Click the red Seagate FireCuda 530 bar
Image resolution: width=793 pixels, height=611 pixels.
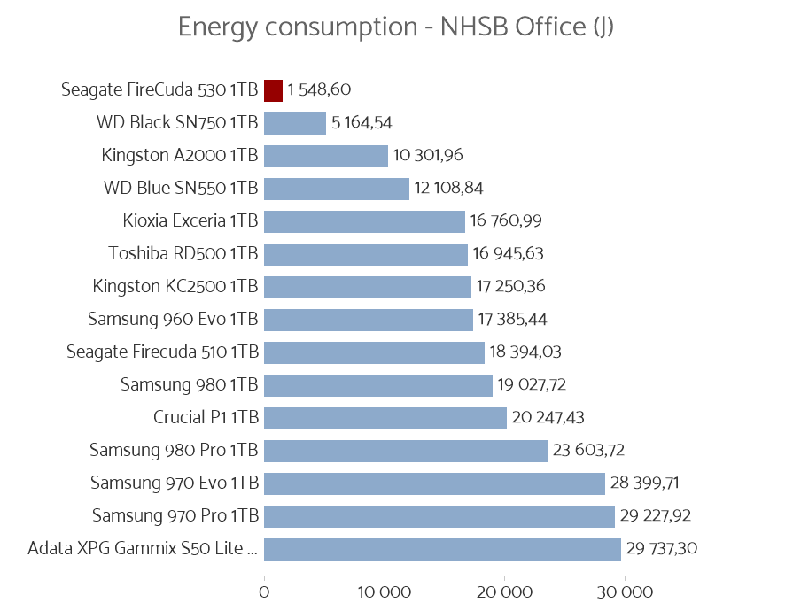coord(273,90)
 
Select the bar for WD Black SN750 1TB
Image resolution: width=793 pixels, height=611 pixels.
coord(295,123)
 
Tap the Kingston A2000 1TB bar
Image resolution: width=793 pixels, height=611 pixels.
coord(325,156)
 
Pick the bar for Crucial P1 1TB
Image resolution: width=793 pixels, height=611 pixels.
coord(385,418)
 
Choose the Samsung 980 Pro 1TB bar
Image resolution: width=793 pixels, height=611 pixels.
coord(405,451)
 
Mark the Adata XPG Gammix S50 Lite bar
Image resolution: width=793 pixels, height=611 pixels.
coord(442,549)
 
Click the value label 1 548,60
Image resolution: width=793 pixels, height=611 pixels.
coord(325,90)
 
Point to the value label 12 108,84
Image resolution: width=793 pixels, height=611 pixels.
coord(448,189)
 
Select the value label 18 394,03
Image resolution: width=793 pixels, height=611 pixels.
coord(525,352)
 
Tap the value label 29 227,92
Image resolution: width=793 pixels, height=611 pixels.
coord(656,516)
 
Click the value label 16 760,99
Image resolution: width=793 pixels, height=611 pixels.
coord(505,221)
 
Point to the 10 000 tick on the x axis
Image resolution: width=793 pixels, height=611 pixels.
coord(385,592)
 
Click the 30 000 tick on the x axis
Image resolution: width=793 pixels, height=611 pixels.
coord(625,592)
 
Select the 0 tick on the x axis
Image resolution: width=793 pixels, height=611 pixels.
coord(264,592)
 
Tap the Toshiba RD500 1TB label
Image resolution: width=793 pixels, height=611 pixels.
coord(183,254)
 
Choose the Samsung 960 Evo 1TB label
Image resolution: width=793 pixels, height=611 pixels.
coord(173,320)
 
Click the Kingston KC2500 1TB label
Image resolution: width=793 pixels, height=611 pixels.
coord(175,287)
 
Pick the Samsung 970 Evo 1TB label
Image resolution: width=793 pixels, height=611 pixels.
coord(175,483)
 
